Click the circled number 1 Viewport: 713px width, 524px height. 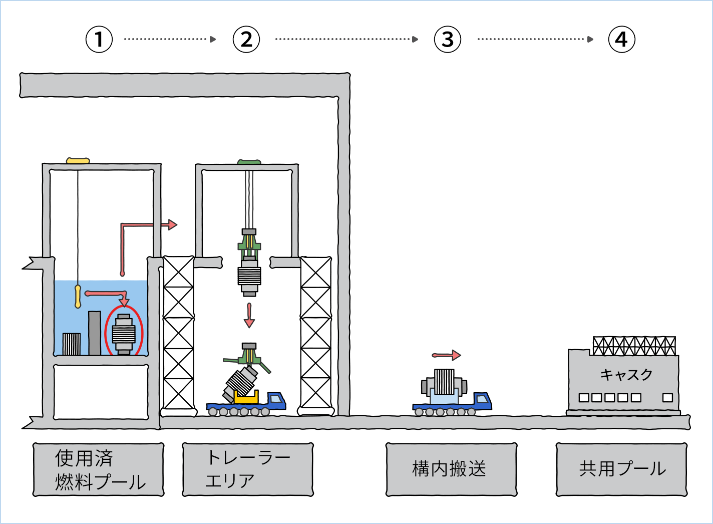coord(99,40)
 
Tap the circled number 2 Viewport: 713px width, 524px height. coord(246,40)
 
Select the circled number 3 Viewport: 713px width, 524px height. coord(448,40)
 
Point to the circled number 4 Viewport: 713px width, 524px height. coord(621,40)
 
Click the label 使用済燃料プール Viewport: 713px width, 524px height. coord(99,469)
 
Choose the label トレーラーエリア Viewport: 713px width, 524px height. coord(248,469)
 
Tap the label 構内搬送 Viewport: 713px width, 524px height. coord(451,469)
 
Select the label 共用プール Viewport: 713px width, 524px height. coord(621,469)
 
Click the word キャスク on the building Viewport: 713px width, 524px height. coord(626,375)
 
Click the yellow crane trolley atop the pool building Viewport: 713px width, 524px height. coord(78,161)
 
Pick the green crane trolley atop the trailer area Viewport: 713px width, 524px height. coord(249,162)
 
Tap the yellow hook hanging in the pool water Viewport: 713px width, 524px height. coord(78,296)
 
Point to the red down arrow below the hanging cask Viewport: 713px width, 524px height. coord(249,316)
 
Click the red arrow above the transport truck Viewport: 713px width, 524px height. coord(446,355)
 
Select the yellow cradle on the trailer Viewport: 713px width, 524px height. coord(246,398)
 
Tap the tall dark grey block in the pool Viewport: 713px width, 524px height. coord(95,333)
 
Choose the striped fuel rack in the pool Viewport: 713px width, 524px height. coord(72,344)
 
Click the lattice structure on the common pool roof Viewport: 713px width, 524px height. coord(634,346)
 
